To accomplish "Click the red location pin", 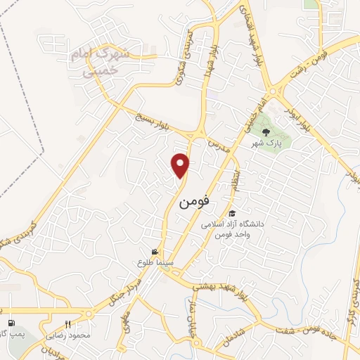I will [x=181, y=165].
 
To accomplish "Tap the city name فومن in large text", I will [x=194, y=202].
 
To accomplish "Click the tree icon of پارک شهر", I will [x=266, y=131].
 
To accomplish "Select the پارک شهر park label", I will [x=266, y=143].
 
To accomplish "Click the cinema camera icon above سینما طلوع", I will [x=155, y=252].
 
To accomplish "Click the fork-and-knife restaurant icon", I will [x=67, y=324].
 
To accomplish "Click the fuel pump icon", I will [x=9, y=311].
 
